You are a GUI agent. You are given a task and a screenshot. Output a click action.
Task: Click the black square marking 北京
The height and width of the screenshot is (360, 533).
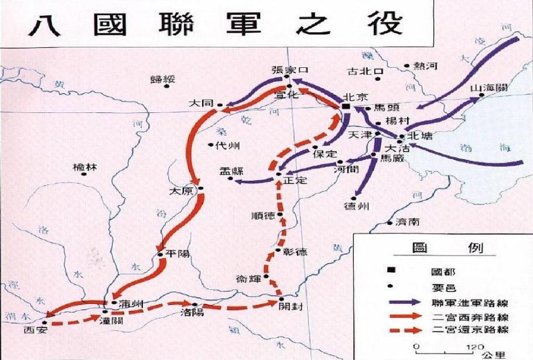(x=346, y=108)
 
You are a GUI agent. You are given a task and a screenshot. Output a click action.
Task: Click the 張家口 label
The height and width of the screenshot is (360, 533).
(x=289, y=69)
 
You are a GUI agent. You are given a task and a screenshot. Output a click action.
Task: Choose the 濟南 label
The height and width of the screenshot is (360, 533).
(x=407, y=222)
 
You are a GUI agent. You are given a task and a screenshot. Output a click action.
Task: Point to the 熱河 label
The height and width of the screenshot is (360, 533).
(x=425, y=66)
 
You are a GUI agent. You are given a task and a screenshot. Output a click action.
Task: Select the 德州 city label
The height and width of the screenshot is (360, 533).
(x=356, y=207)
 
